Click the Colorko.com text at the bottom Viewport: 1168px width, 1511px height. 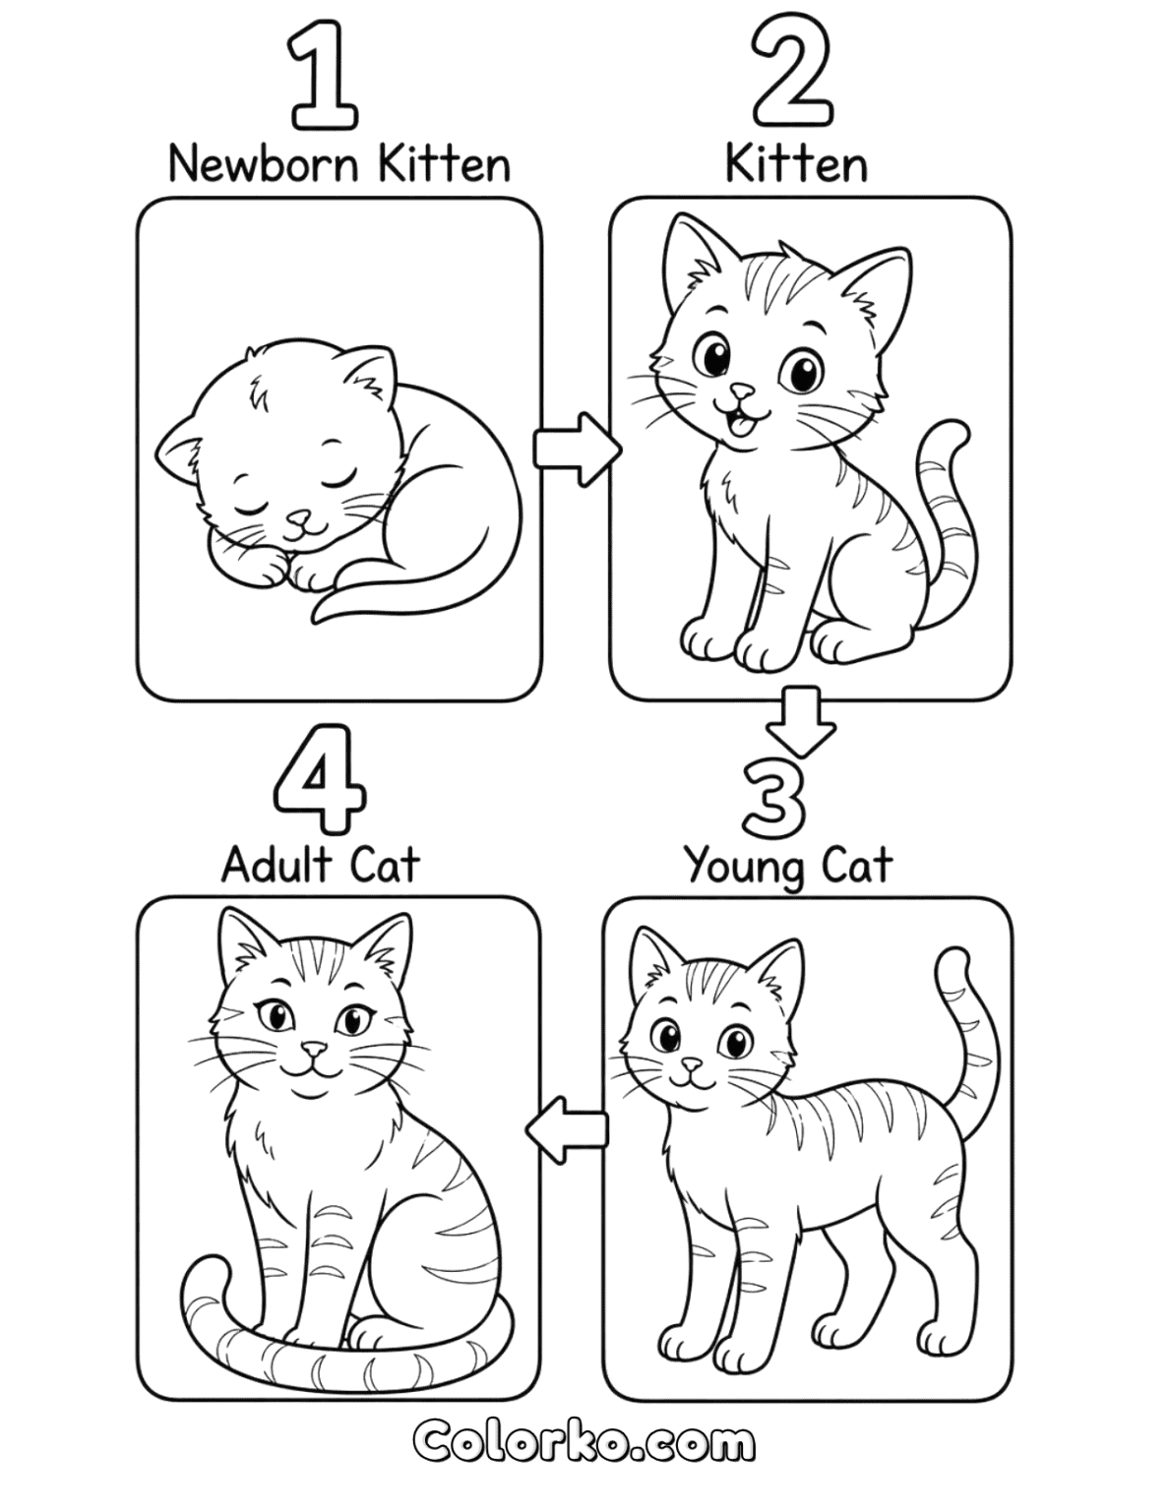pos(584,1446)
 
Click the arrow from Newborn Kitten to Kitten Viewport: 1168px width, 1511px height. pos(577,450)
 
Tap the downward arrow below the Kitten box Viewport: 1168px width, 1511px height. pos(802,721)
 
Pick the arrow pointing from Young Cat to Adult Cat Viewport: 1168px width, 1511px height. pos(566,1131)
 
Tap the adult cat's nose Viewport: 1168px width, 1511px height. pos(313,1068)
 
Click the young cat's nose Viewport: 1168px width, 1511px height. pos(691,1083)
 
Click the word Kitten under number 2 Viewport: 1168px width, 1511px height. pos(797,165)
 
